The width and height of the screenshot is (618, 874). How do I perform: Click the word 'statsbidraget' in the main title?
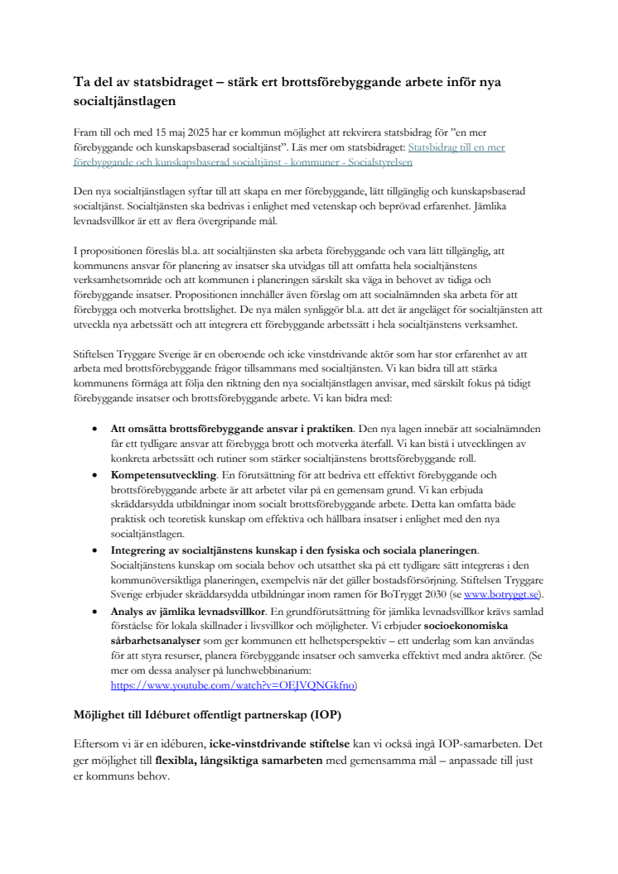pos(154,84)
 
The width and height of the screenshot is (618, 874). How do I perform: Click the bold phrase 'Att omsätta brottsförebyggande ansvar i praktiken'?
pos(233,429)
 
